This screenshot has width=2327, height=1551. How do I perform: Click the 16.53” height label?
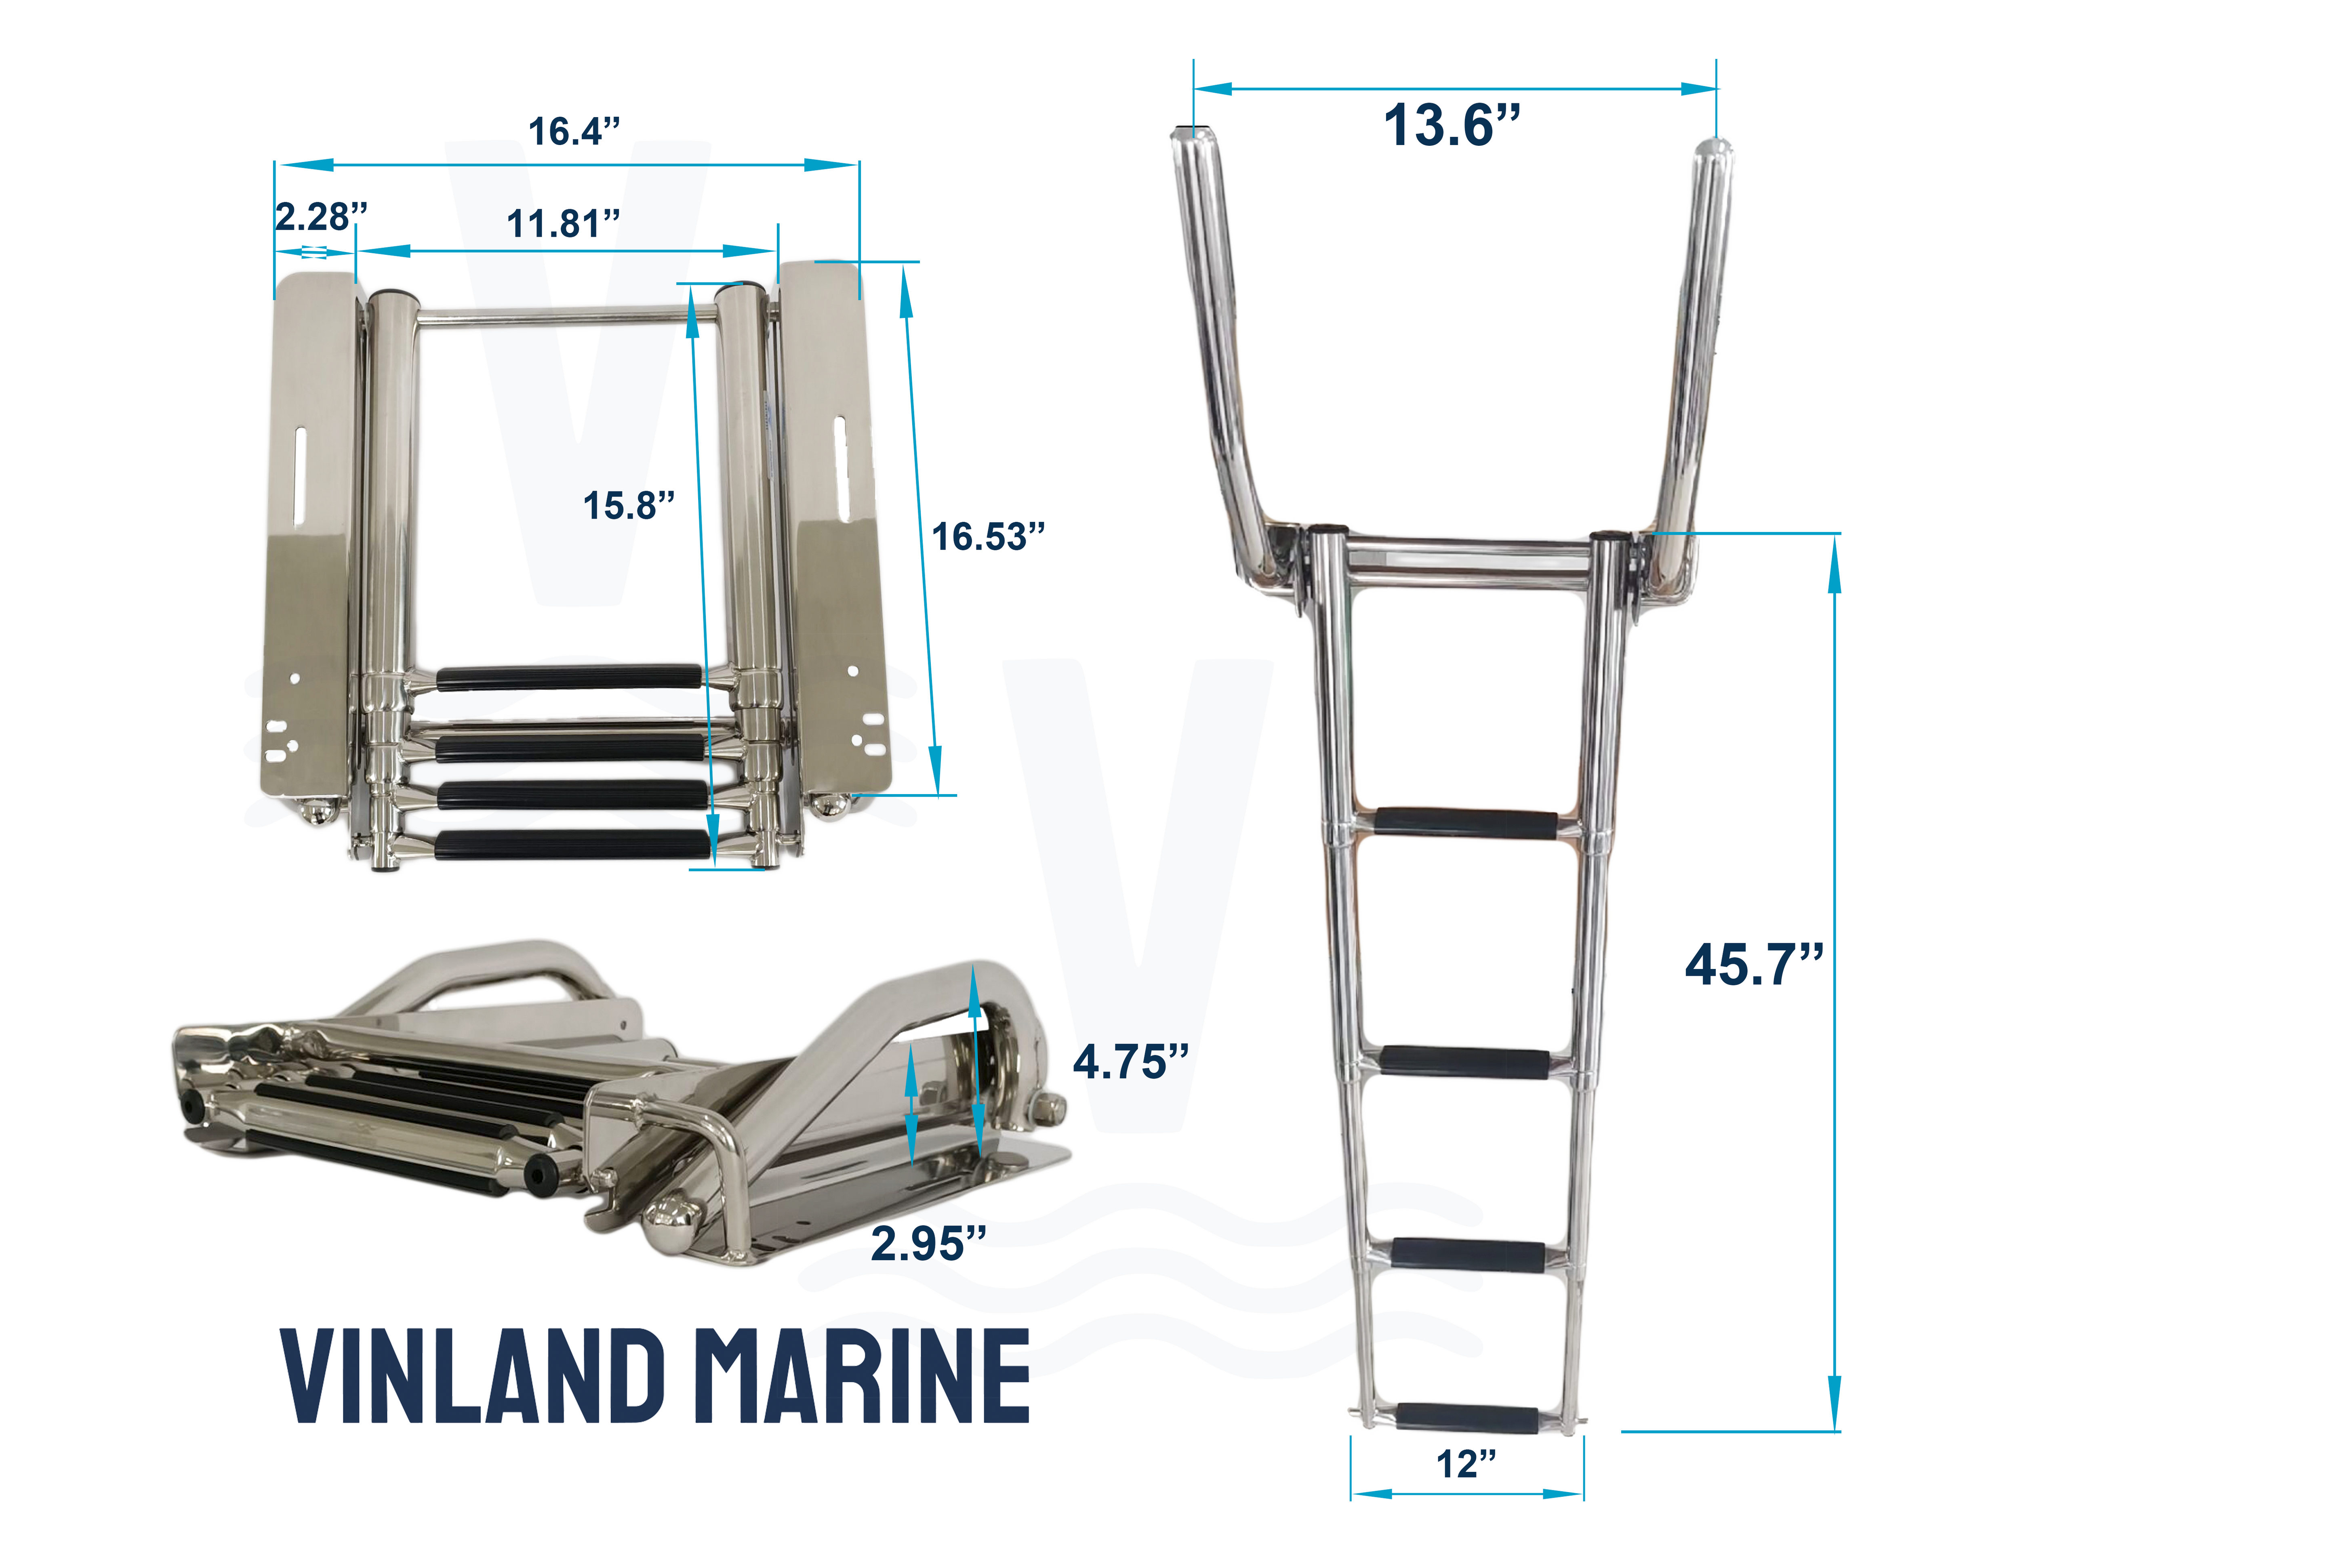coord(987,537)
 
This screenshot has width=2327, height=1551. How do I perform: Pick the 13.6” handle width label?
coord(1452,126)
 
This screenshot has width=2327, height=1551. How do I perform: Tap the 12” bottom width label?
coord(1466,1464)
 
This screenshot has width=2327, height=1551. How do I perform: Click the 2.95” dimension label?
coord(928,1243)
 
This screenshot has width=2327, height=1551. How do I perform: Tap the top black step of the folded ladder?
coord(569,678)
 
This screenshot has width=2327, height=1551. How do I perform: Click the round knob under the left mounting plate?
coord(319,813)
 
